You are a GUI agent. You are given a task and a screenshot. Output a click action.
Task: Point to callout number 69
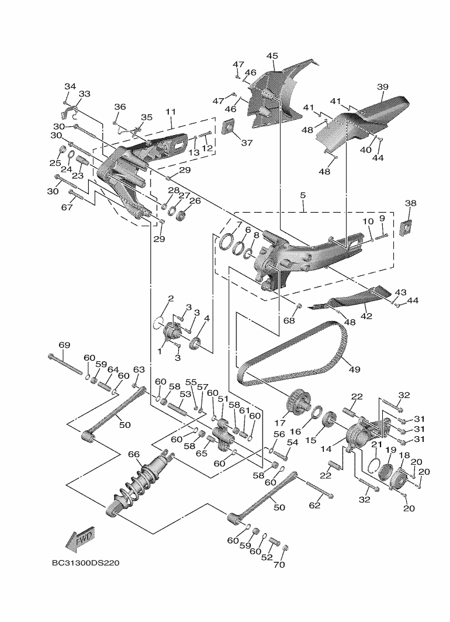64,345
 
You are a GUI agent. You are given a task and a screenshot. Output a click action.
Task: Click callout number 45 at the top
272,56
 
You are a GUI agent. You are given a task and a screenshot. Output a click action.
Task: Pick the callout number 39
382,87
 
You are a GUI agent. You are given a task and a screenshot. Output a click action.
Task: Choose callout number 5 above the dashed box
303,195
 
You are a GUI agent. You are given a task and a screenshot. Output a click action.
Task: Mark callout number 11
171,111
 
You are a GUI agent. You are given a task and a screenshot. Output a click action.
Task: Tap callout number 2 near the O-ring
171,299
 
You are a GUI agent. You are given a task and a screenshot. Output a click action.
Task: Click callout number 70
279,565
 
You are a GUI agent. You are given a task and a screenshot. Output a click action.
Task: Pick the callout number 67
67,208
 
